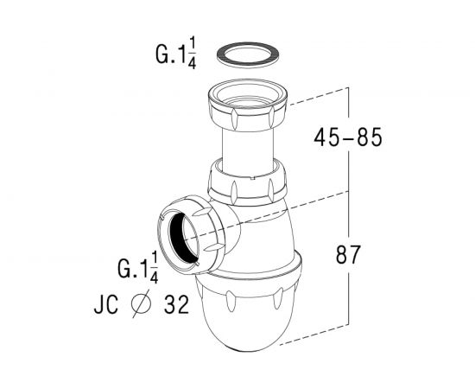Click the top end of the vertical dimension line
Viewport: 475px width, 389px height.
point(347,87)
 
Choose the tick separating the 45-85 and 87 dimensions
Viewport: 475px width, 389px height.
point(347,189)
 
